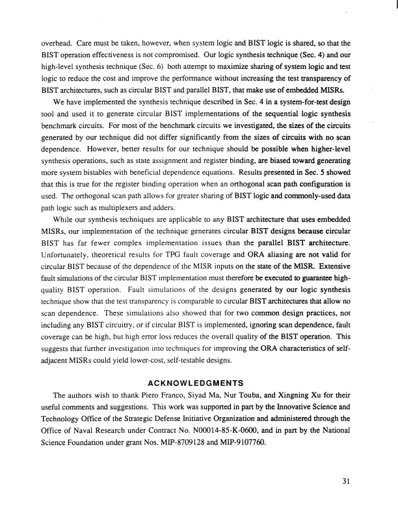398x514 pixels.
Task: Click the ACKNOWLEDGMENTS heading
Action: pyautogui.click(x=198, y=382)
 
